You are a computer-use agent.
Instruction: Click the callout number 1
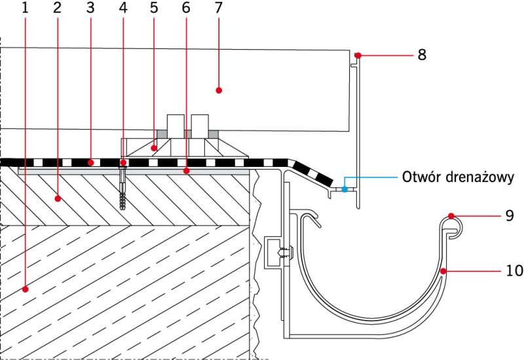(x=25, y=8)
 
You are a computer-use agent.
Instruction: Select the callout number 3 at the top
(x=90, y=8)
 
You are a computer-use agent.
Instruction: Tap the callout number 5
(x=154, y=8)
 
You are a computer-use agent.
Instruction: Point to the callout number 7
(x=218, y=8)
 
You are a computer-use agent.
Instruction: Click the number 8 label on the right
(x=422, y=54)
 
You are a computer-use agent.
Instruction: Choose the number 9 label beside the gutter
(x=510, y=216)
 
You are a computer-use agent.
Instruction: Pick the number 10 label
(x=514, y=270)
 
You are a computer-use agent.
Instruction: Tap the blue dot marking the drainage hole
(x=345, y=189)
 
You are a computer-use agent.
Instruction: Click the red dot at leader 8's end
(x=358, y=55)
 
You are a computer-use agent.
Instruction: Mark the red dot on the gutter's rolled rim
(x=451, y=216)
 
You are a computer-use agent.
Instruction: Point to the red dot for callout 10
(x=443, y=271)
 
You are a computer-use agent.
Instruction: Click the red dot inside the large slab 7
(x=219, y=90)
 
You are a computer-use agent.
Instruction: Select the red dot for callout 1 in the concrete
(x=25, y=289)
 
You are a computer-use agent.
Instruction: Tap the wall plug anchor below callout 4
(x=123, y=189)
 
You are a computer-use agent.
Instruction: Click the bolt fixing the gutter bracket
(x=286, y=253)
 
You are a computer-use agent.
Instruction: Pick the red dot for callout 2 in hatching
(x=58, y=199)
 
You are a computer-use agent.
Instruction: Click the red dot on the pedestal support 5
(x=154, y=148)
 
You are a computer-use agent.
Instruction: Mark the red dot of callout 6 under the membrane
(x=187, y=171)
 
